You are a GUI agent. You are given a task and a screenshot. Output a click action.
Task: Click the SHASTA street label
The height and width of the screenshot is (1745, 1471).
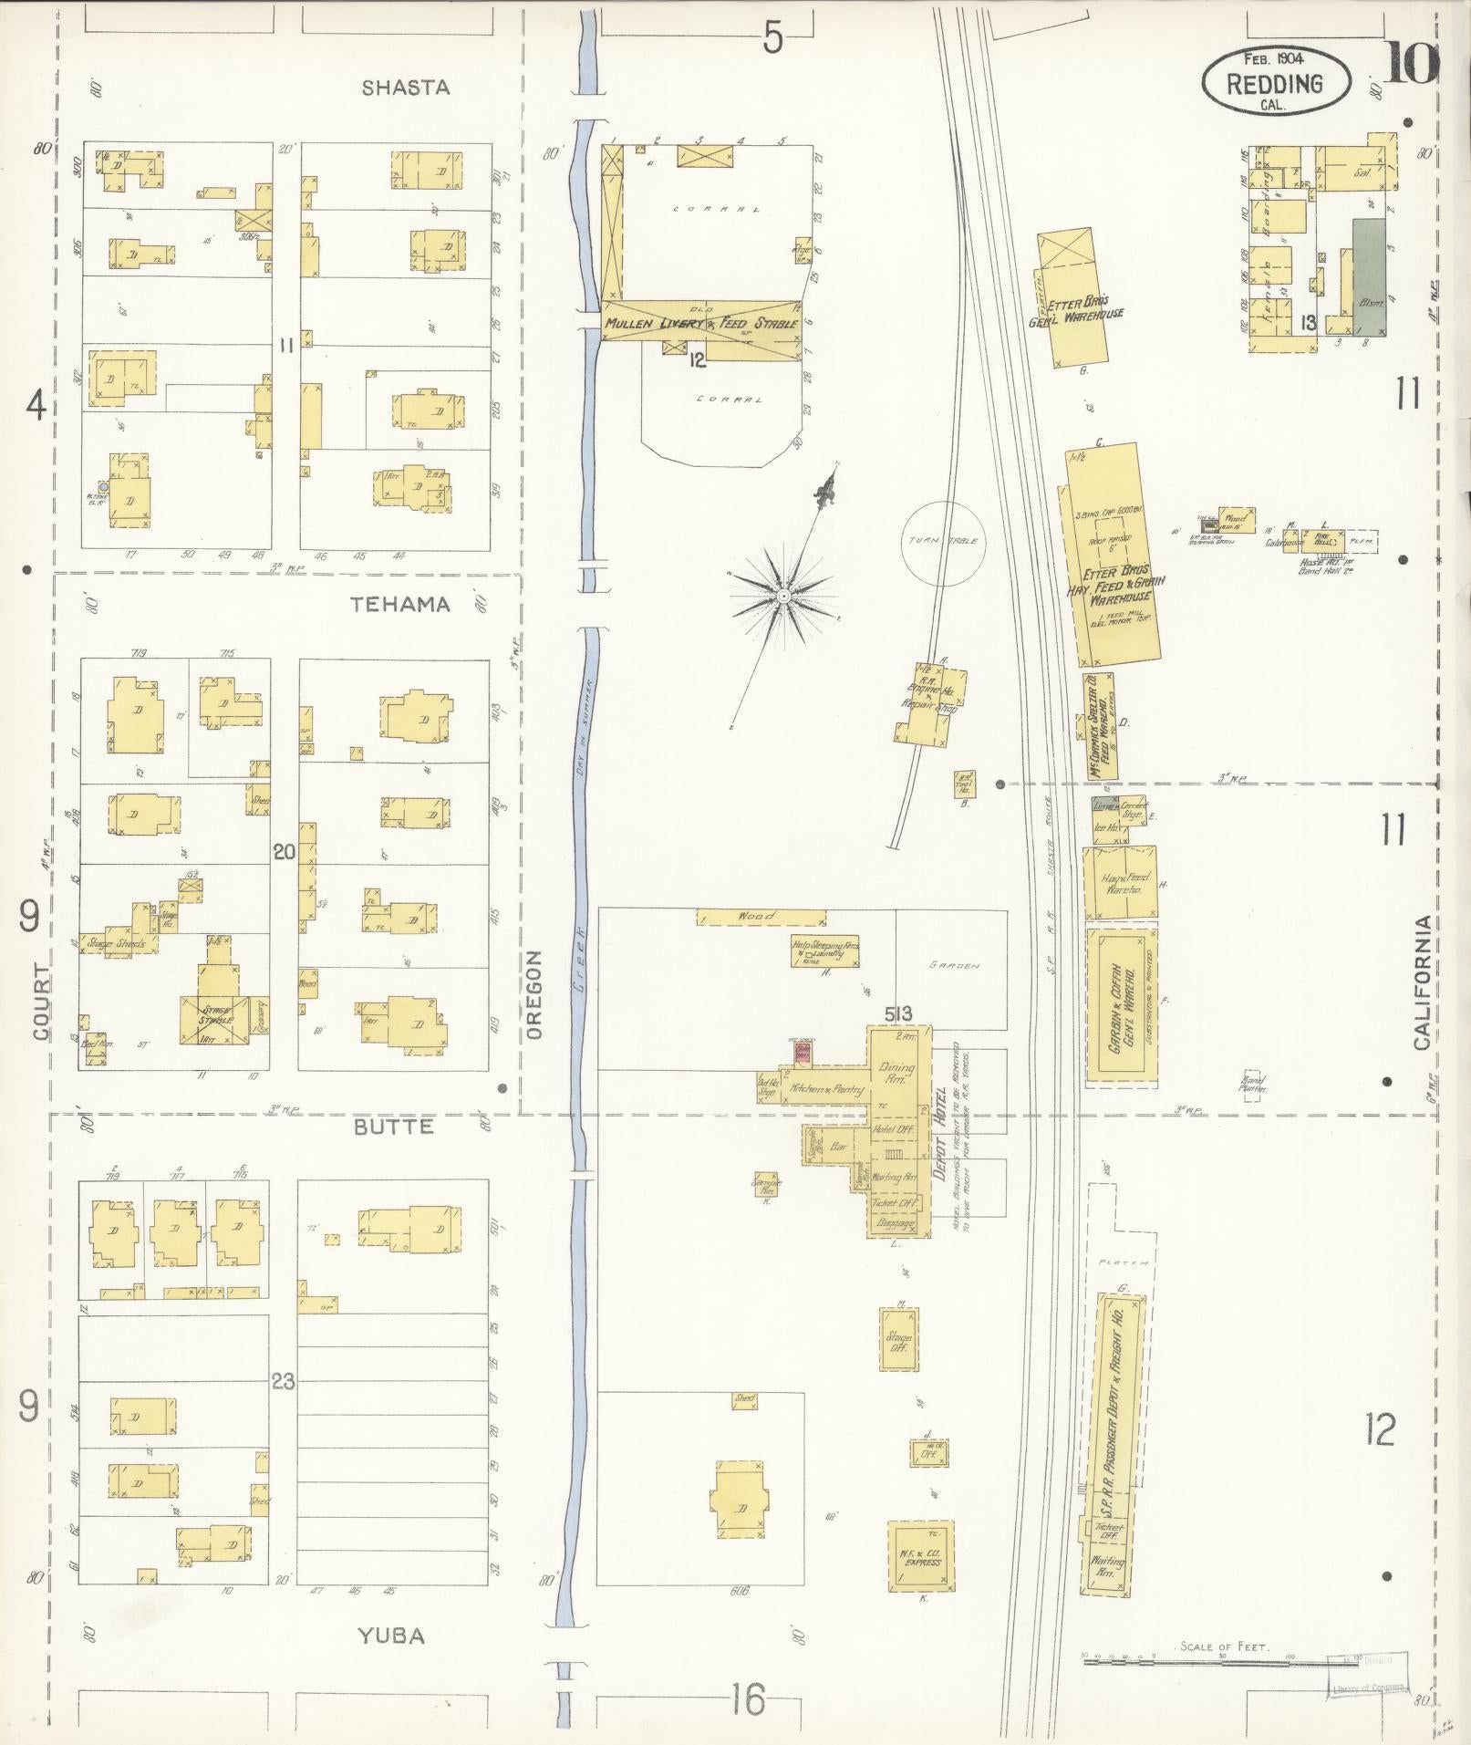pos(406,88)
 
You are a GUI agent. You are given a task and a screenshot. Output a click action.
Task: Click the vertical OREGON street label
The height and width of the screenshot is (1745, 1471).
pos(535,994)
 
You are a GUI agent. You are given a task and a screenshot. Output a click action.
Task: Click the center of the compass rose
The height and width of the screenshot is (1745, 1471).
pos(782,595)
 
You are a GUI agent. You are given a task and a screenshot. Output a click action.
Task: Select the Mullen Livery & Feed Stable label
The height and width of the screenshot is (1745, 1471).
pos(700,322)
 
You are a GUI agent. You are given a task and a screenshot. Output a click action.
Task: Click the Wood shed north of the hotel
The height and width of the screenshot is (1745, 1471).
pos(760,917)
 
